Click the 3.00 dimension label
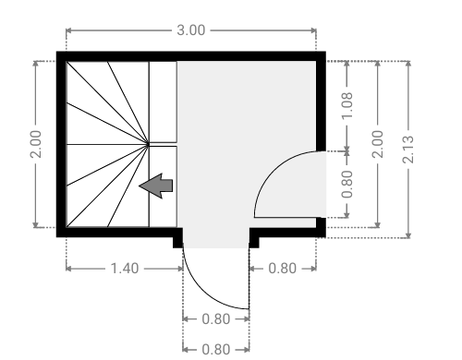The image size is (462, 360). click(x=191, y=30)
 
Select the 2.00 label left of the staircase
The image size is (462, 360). click(x=36, y=144)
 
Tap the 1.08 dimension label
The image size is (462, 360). click(x=347, y=105)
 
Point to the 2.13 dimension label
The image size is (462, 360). click(x=408, y=150)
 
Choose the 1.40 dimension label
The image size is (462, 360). click(x=125, y=269)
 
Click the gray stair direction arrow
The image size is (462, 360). click(x=156, y=186)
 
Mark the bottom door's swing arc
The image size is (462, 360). click(x=207, y=289)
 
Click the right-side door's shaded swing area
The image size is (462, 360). click(x=294, y=188)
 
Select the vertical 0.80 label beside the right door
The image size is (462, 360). click(x=347, y=184)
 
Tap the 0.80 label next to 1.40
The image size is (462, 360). click(x=282, y=269)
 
